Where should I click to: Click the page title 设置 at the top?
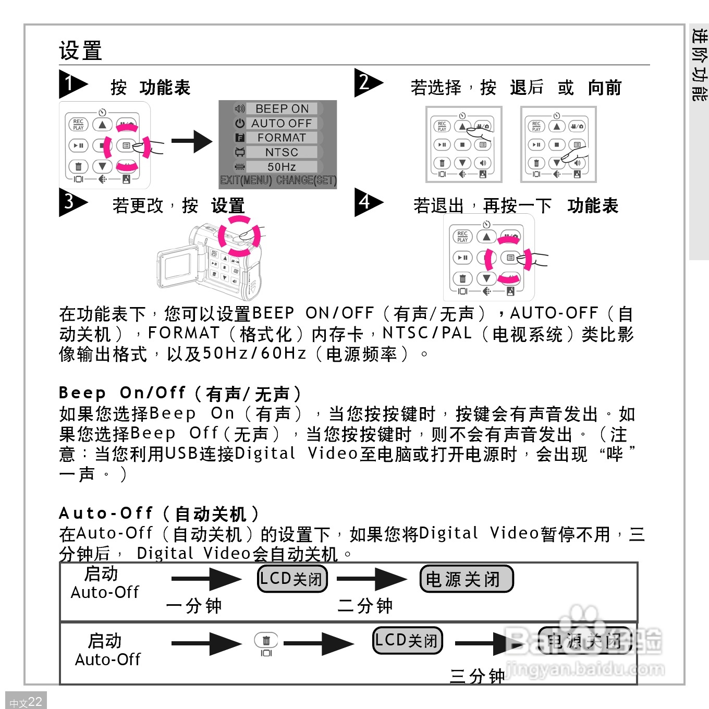click(x=80, y=51)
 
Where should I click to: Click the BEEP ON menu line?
click(x=282, y=108)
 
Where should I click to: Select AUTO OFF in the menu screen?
click(x=282, y=123)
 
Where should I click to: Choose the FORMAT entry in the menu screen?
click(x=282, y=138)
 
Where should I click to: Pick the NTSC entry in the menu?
click(x=282, y=152)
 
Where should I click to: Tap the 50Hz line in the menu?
click(x=282, y=167)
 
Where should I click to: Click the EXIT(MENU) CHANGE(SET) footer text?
click(x=278, y=180)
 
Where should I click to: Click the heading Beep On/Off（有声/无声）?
click(x=179, y=393)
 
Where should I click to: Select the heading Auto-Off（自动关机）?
click(x=159, y=514)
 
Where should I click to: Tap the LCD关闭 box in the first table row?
click(x=292, y=579)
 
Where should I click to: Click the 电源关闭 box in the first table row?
click(x=466, y=579)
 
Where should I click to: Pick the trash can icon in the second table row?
click(x=266, y=641)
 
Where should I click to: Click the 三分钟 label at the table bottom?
click(x=477, y=676)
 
